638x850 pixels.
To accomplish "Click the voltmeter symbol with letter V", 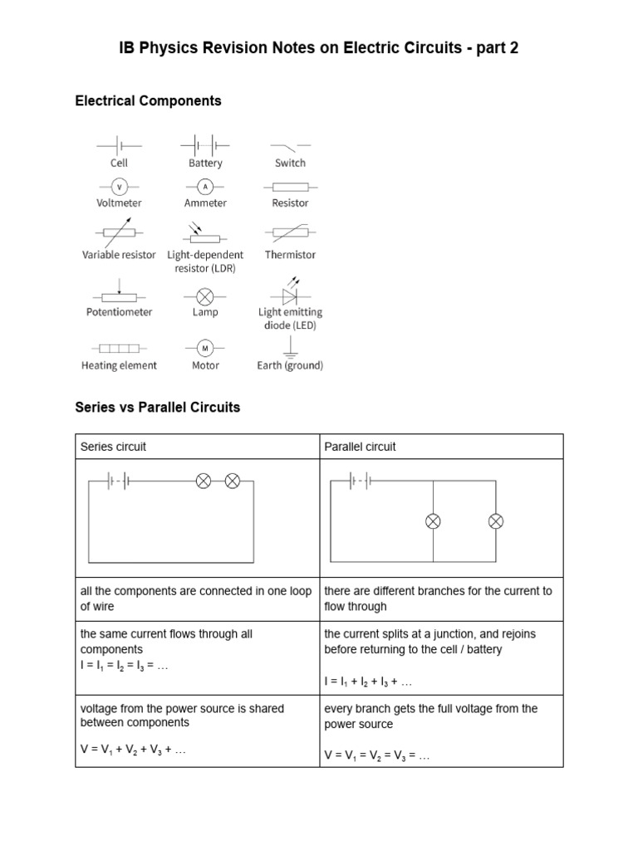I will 120,187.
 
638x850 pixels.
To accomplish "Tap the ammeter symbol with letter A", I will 205,187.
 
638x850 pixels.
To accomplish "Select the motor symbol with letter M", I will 205,347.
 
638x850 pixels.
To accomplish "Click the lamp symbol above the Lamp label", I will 205,296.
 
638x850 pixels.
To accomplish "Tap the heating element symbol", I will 119,348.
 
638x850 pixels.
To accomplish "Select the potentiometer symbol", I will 119,295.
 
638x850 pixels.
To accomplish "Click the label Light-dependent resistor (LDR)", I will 205,261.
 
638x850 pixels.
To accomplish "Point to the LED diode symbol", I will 290,295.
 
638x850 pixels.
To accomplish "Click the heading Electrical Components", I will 148,100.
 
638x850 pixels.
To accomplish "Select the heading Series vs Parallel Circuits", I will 157,408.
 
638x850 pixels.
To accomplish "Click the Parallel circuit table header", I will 360,447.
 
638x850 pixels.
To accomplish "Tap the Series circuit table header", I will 113,447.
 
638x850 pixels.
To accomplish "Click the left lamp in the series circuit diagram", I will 203,481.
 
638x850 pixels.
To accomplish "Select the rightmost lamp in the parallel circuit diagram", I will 495,521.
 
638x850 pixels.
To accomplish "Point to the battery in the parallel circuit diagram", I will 360,481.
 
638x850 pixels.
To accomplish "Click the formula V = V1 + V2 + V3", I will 133,750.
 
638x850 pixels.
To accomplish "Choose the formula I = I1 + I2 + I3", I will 368,681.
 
